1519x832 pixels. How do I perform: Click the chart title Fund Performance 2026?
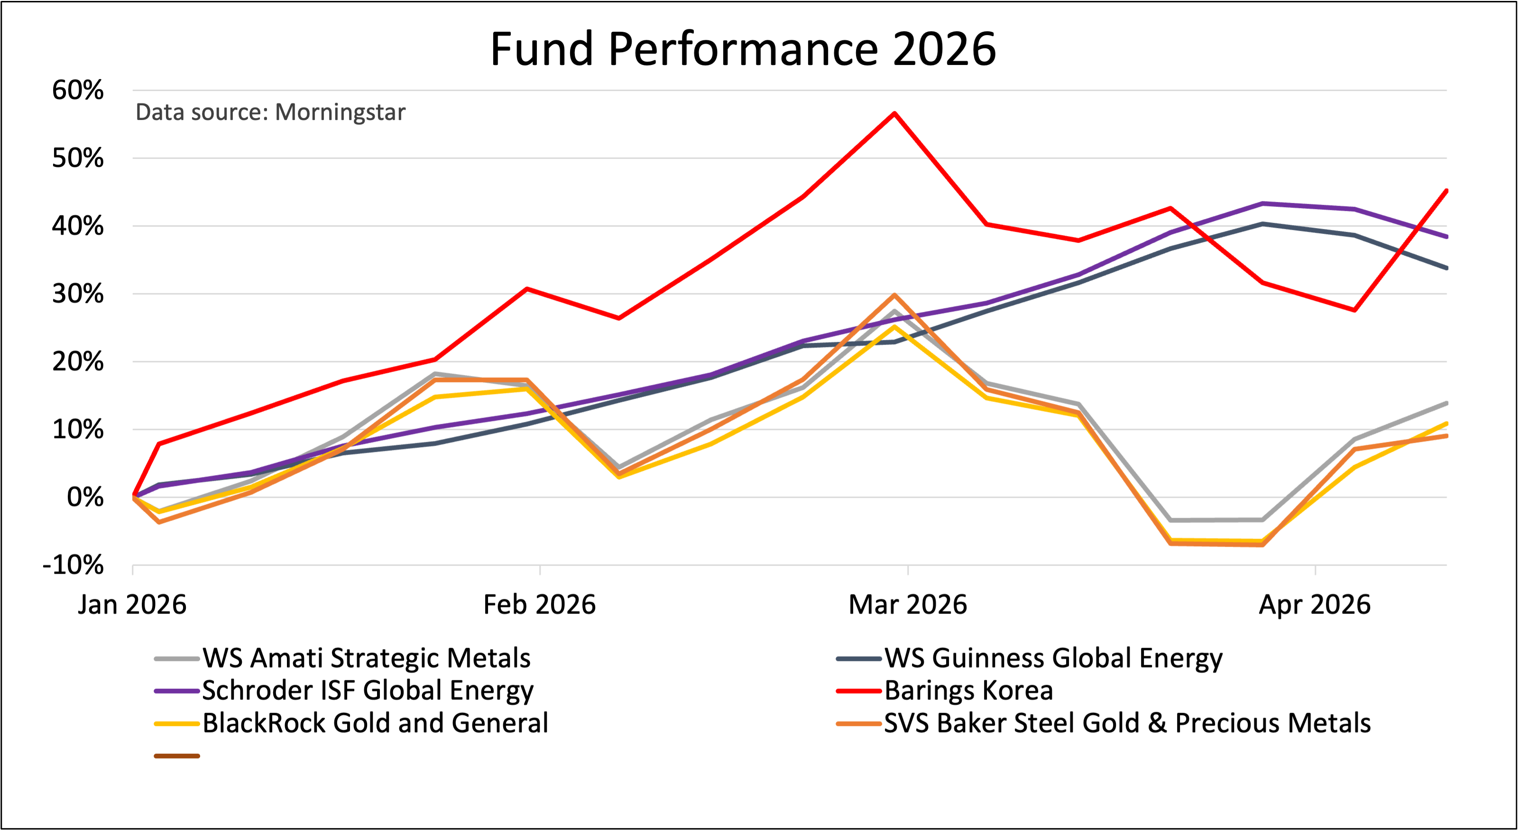tap(743, 49)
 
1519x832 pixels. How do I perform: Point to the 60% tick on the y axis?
tap(78, 90)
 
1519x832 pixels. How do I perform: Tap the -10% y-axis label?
tap(73, 566)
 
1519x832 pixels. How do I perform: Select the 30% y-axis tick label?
tap(78, 293)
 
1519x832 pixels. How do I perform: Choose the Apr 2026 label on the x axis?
tap(1315, 605)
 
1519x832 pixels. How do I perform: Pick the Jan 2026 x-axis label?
tap(132, 605)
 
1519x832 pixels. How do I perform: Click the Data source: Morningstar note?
tap(270, 112)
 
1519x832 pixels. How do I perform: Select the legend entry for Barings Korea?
tap(968, 690)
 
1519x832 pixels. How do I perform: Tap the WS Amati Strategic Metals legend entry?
tap(366, 658)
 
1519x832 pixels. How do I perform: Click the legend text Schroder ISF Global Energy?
tap(368, 690)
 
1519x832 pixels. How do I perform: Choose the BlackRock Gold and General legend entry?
tap(375, 723)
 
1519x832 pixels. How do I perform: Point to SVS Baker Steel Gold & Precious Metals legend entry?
tap(1127, 723)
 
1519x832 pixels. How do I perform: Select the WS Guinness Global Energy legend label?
tap(1053, 658)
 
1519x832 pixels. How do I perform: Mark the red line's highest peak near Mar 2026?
tap(894, 113)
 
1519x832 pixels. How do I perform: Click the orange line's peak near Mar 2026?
tap(894, 295)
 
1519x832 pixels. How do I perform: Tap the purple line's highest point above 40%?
tap(1262, 203)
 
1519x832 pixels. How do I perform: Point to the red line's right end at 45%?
tap(1446, 191)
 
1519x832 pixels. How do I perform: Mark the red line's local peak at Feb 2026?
tap(526, 289)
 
